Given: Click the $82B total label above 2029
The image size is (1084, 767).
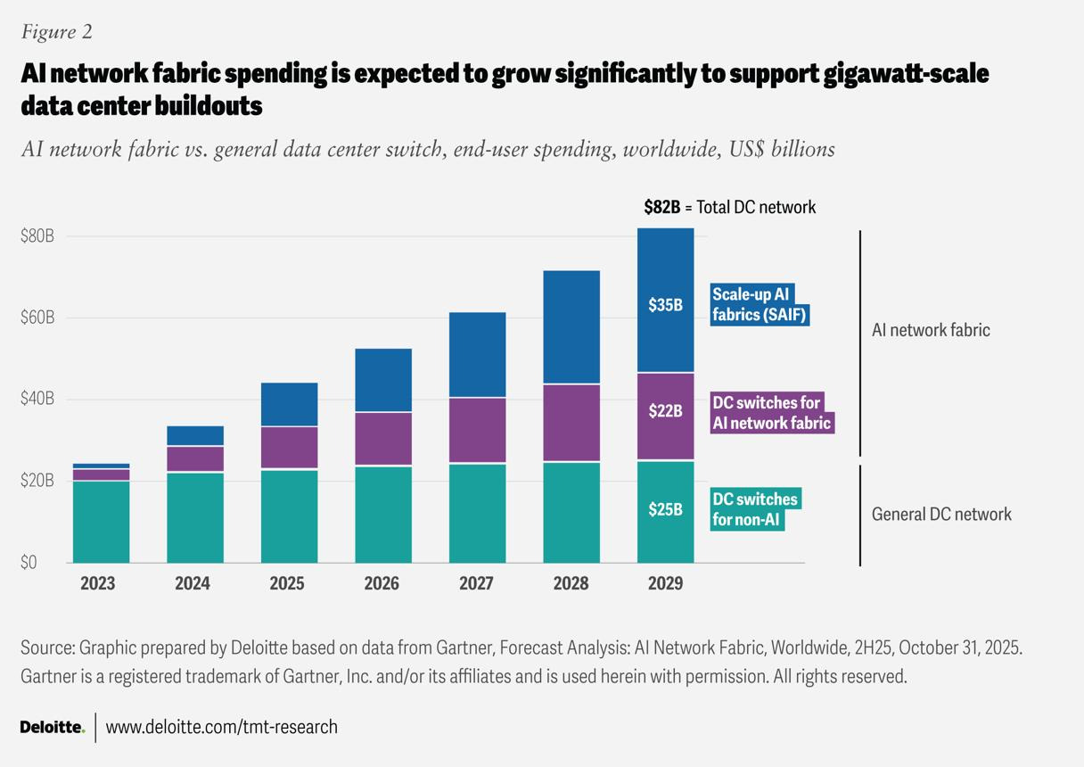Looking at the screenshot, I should (x=661, y=207).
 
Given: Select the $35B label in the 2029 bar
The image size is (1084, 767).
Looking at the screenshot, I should (x=665, y=305).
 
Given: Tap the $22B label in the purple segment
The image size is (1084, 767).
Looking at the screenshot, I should (x=665, y=411).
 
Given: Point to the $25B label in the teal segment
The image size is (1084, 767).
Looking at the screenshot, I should (x=665, y=510).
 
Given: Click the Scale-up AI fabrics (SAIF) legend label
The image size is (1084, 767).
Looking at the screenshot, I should (x=760, y=304).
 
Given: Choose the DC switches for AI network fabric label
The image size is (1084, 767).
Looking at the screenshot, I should (x=772, y=412).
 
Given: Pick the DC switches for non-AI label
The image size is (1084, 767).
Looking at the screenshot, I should (x=755, y=508).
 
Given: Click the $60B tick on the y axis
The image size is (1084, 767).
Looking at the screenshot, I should (x=37, y=318).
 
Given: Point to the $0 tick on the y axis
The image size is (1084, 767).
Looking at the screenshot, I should (x=30, y=563).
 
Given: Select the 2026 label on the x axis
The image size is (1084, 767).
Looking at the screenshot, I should (x=382, y=584).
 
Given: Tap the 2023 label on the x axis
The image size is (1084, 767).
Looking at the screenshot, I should (x=98, y=584).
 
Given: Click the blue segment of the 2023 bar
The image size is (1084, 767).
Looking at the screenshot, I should (x=101, y=466).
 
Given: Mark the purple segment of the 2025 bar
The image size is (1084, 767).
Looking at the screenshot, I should (x=289, y=448).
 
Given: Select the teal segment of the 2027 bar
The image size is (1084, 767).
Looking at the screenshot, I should (x=477, y=513).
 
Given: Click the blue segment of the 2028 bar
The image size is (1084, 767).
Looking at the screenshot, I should (x=571, y=326).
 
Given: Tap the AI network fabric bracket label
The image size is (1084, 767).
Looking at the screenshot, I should (x=931, y=330).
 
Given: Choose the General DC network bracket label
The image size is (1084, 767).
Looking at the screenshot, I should (x=941, y=514).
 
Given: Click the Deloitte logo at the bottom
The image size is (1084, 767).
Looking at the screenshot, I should (x=52, y=727).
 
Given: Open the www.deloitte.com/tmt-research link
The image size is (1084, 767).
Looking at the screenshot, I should (x=222, y=727).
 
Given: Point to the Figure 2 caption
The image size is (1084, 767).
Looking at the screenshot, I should (x=56, y=32).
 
